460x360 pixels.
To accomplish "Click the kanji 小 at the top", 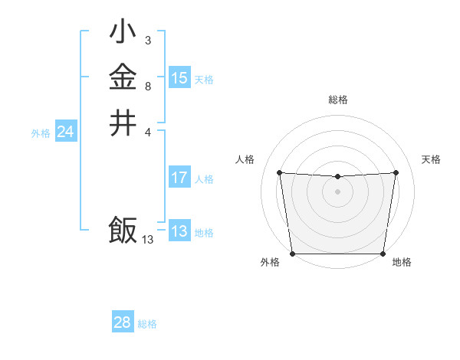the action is (x=123, y=31).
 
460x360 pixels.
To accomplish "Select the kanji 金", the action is (x=123, y=77).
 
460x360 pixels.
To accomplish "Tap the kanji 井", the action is (x=123, y=123).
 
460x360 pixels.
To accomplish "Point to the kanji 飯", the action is (x=123, y=231).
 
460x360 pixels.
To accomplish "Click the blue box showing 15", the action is (x=179, y=78).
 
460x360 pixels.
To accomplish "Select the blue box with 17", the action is (x=179, y=178).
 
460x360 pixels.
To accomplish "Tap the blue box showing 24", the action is (x=65, y=133).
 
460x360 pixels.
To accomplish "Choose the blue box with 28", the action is (x=123, y=322).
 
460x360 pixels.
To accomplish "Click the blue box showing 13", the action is (x=179, y=232).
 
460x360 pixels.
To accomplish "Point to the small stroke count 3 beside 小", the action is (x=147, y=40).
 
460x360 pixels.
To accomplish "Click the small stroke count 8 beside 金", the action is (x=147, y=87).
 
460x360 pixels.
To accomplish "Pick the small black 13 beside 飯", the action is (x=147, y=240).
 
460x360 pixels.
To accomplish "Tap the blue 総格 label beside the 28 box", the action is (x=148, y=324).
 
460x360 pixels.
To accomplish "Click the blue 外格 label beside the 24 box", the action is (x=41, y=133).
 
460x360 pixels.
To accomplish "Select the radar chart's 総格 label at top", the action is (x=338, y=100).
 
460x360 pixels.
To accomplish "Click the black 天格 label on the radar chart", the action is (x=431, y=159).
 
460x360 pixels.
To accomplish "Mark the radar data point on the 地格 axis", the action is (x=383, y=254).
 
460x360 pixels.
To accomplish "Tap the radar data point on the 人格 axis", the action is (x=279, y=172).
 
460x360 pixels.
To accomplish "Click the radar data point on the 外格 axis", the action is (x=293, y=254).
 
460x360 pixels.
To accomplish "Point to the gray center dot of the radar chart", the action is (x=338, y=191).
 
